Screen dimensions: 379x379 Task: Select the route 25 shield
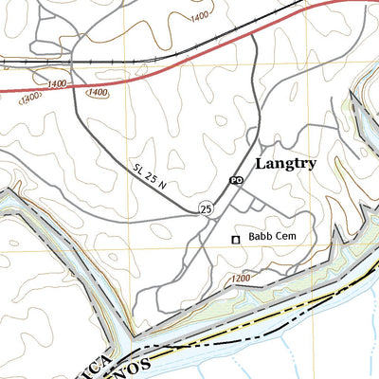coord(206,208)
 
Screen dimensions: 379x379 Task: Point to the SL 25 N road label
coord(150,176)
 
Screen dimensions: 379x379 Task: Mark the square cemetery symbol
coord(236,240)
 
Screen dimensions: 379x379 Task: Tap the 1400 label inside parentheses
coord(30,98)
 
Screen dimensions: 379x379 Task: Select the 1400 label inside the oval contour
coord(97,92)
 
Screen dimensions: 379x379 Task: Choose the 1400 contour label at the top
coord(199,17)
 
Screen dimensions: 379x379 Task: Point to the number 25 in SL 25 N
coord(151,177)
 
